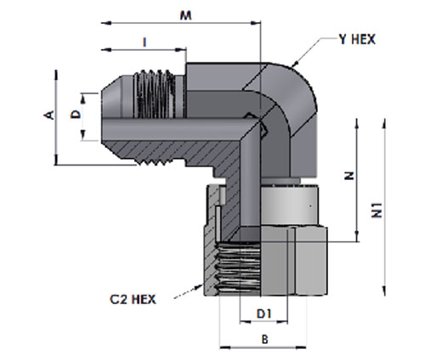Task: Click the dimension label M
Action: pyautogui.click(x=186, y=15)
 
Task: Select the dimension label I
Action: pyautogui.click(x=144, y=42)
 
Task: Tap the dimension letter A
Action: pyautogui.click(x=49, y=115)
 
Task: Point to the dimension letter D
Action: pyautogui.click(x=76, y=115)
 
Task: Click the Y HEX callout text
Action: pyautogui.click(x=357, y=40)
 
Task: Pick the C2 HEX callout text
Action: pyautogui.click(x=133, y=300)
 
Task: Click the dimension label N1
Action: pyautogui.click(x=377, y=210)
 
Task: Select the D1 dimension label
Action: pyautogui.click(x=263, y=313)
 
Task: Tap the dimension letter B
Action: pyautogui.click(x=265, y=339)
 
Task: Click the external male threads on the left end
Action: pyautogui.click(x=155, y=94)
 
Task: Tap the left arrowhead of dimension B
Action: pyautogui.click(x=224, y=347)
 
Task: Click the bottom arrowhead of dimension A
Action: pyautogui.click(x=56, y=160)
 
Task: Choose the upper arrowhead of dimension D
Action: pyautogui.click(x=83, y=99)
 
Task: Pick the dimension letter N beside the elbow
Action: pyautogui.click(x=349, y=176)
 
